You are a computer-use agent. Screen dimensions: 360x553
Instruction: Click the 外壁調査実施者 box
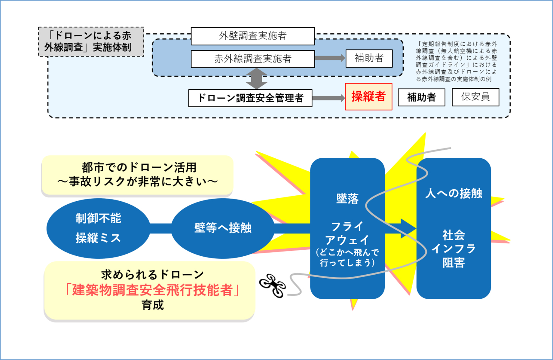coord(252,36)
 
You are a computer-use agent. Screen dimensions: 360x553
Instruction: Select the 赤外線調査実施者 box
coord(252,59)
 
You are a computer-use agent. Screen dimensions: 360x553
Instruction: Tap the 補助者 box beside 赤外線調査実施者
coord(369,58)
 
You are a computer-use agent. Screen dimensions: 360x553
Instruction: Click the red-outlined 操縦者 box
coord(368,97)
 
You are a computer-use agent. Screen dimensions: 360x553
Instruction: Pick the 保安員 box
coord(475,97)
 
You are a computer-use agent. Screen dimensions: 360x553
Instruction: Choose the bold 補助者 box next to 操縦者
coord(421,97)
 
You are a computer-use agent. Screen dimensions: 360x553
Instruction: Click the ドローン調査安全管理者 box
coord(250,98)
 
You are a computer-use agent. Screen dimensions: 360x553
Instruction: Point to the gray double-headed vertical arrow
coord(256,79)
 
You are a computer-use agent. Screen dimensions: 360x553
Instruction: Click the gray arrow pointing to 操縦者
coord(328,98)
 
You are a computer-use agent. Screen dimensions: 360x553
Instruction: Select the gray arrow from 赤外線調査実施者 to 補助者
coord(330,58)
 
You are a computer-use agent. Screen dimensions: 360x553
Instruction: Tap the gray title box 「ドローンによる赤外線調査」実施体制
coord(91,42)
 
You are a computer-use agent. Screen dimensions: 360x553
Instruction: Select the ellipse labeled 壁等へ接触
coord(223,228)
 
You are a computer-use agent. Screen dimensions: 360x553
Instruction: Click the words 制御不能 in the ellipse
coord(98,218)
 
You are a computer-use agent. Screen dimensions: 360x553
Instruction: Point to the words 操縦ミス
coord(98,238)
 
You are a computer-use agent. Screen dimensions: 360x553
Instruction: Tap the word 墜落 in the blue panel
coord(347,199)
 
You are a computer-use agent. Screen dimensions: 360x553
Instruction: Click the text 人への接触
coord(453,193)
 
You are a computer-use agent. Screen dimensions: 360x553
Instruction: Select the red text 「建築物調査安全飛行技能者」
coord(153,290)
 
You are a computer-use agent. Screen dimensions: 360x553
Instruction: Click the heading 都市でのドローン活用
coord(139,167)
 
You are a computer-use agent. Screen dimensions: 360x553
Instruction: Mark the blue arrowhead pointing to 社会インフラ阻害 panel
coord(408,229)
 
